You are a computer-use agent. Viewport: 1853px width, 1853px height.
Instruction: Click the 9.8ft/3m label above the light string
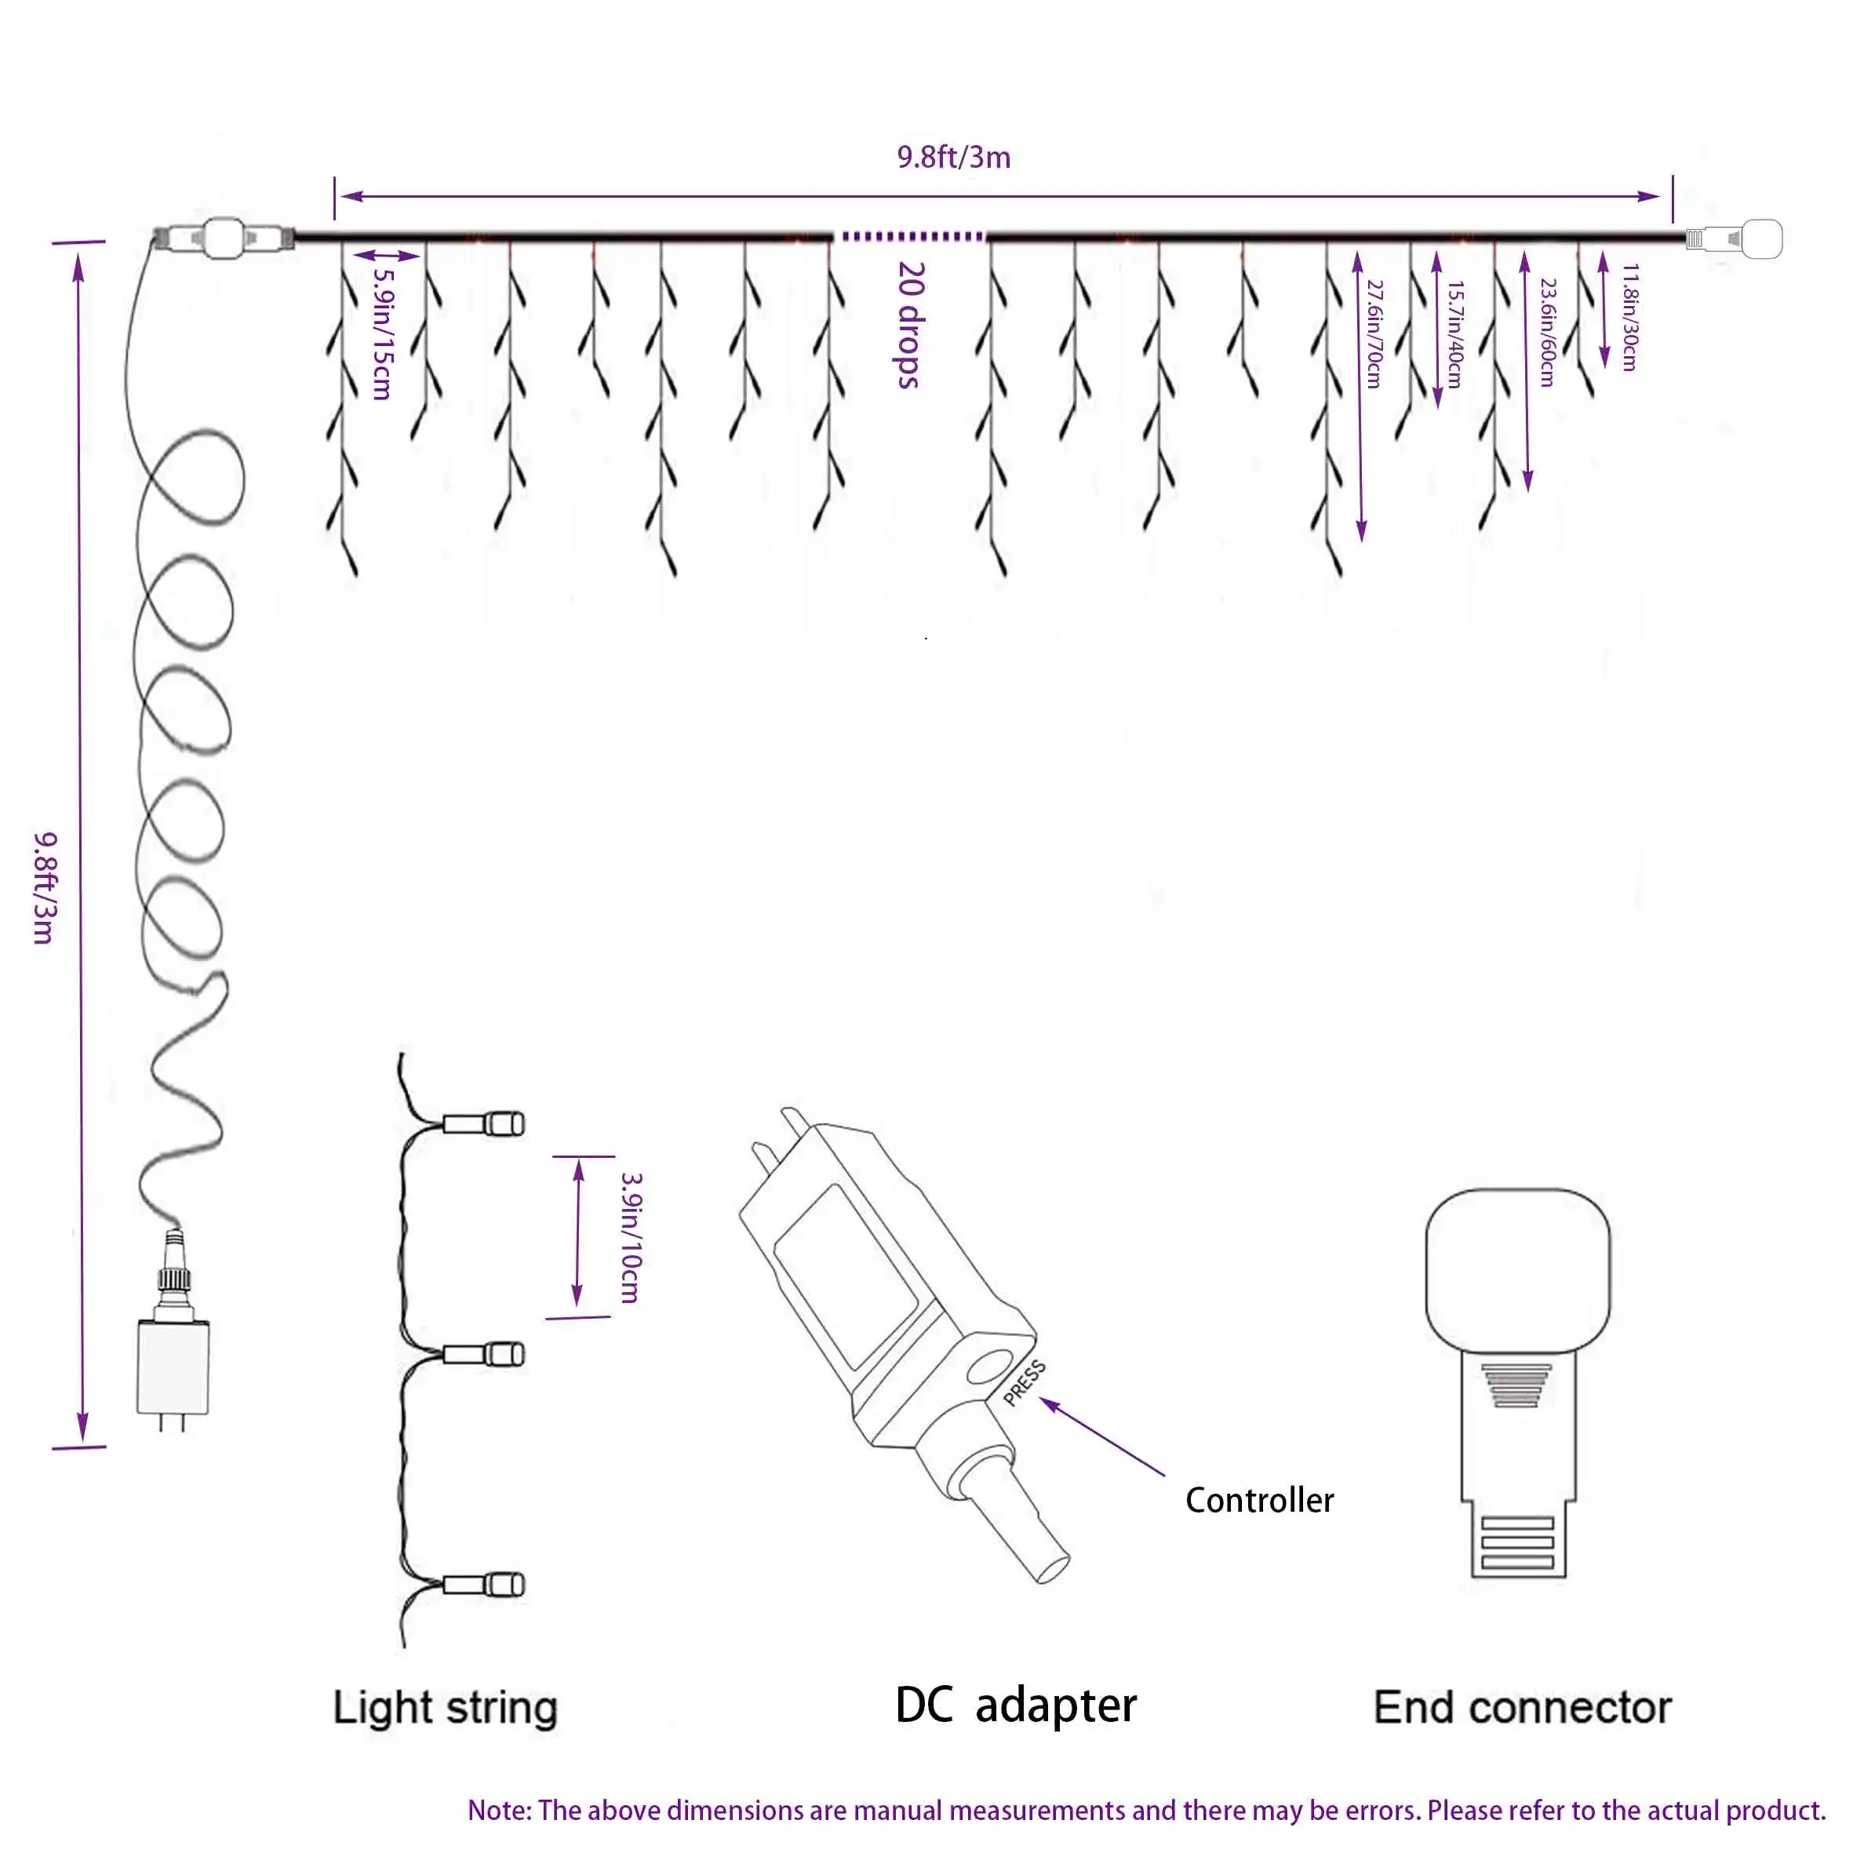click(953, 158)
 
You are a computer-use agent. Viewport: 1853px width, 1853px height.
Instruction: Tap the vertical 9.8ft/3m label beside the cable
click(45, 887)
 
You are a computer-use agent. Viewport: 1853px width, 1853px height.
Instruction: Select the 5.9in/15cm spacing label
click(383, 332)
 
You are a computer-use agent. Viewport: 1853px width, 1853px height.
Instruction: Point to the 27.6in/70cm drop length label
click(1374, 333)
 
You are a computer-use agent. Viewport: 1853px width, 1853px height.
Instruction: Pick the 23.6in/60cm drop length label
click(1546, 332)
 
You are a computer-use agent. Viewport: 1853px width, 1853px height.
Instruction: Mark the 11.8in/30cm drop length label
click(1629, 316)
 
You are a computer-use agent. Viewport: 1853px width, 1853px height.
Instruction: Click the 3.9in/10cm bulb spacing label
click(630, 1237)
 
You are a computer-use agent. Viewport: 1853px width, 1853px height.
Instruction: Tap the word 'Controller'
click(1258, 1500)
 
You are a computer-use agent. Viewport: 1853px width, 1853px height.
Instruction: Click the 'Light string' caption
click(445, 1707)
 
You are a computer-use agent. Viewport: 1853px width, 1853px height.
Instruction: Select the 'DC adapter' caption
click(1016, 1706)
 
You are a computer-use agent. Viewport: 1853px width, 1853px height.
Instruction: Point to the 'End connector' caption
click(1522, 1707)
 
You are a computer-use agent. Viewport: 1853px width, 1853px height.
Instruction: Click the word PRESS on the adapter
click(1025, 1383)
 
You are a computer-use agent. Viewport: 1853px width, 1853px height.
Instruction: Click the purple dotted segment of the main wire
click(912, 236)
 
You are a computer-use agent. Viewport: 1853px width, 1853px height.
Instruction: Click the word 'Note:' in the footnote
click(499, 1810)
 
